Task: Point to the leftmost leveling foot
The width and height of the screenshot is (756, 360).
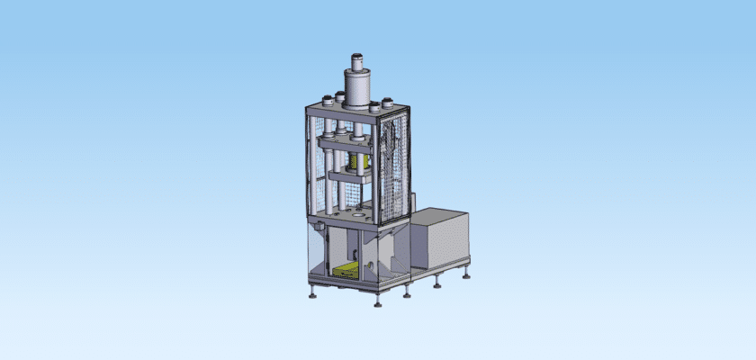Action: click(311, 292)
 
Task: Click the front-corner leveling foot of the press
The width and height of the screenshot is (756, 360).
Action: click(378, 302)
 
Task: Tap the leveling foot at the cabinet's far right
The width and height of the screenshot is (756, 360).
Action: click(466, 274)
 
